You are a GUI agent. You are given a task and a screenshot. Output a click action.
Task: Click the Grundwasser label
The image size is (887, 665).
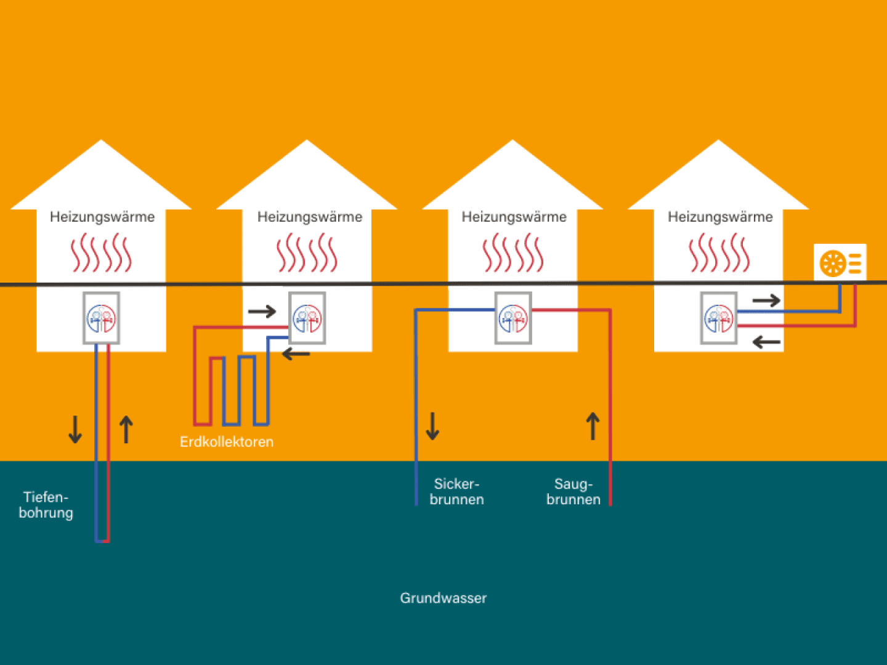pyautogui.click(x=443, y=598)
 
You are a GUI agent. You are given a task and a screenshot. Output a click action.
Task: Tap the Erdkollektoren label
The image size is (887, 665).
pyautogui.click(x=227, y=441)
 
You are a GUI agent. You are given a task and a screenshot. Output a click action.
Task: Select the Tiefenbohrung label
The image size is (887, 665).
pyautogui.click(x=46, y=505)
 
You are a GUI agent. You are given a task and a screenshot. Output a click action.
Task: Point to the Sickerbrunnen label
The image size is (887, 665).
pyautogui.click(x=456, y=491)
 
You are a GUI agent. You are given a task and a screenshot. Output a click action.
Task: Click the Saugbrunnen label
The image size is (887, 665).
pyautogui.click(x=573, y=491)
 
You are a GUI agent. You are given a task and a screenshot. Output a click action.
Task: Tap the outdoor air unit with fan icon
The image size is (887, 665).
pyautogui.click(x=840, y=263)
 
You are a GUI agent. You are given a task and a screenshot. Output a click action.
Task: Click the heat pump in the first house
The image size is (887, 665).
pyautogui.click(x=102, y=318)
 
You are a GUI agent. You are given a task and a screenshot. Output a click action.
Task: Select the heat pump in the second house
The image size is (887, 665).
pyautogui.click(x=307, y=318)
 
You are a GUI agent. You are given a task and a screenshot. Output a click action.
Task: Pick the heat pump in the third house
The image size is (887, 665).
pyautogui.click(x=513, y=318)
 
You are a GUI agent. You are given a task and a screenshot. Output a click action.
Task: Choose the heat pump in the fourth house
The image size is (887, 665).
pyautogui.click(x=719, y=318)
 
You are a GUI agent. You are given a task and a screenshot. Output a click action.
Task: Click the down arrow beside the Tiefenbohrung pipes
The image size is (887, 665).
pyautogui.click(x=75, y=429)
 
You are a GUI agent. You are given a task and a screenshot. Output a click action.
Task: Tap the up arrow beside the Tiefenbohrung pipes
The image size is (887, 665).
pyautogui.click(x=126, y=429)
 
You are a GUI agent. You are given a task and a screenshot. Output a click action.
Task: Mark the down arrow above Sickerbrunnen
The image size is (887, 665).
pyautogui.click(x=432, y=425)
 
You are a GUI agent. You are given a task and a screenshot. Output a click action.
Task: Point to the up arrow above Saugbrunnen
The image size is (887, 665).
pyautogui.click(x=593, y=425)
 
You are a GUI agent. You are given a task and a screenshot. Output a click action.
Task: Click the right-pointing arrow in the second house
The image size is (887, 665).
pyautogui.click(x=262, y=311)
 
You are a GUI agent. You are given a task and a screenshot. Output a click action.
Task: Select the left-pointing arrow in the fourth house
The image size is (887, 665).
pyautogui.click(x=766, y=342)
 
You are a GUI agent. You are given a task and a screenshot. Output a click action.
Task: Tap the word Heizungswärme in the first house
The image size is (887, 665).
pyautogui.click(x=102, y=217)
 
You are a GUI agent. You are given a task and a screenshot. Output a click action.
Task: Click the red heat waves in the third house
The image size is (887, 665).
pyautogui.click(x=513, y=252)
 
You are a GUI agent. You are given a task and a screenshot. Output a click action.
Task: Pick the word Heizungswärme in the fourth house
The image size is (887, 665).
pyautogui.click(x=720, y=217)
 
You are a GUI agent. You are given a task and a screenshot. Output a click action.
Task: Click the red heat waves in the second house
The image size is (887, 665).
pyautogui.click(x=307, y=252)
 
